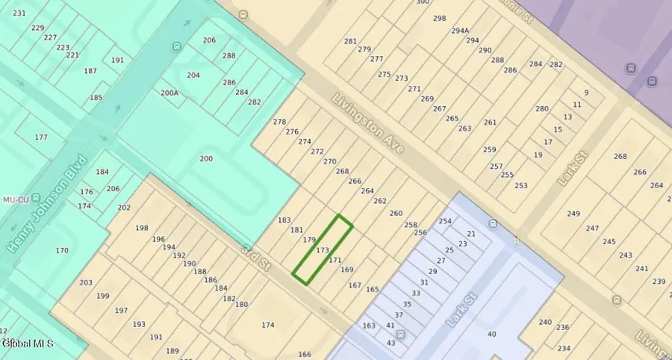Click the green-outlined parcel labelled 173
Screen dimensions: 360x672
(322, 250)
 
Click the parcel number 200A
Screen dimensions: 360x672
(169, 93)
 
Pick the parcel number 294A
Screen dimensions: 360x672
(460, 31)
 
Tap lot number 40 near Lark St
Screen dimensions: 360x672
(491, 334)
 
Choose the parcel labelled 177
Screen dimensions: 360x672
(40, 137)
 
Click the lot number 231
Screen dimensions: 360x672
(19, 13)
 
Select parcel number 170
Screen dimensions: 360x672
(61, 250)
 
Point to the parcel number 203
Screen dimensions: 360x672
(85, 282)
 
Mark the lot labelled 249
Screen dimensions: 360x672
(573, 214)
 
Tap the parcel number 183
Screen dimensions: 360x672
(284, 220)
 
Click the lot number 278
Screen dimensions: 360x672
(280, 122)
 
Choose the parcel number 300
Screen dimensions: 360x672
(423, 2)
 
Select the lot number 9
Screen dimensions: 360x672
(586, 93)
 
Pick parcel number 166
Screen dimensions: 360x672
(304, 354)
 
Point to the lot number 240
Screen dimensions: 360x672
(545, 322)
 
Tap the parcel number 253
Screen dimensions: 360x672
(521, 186)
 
